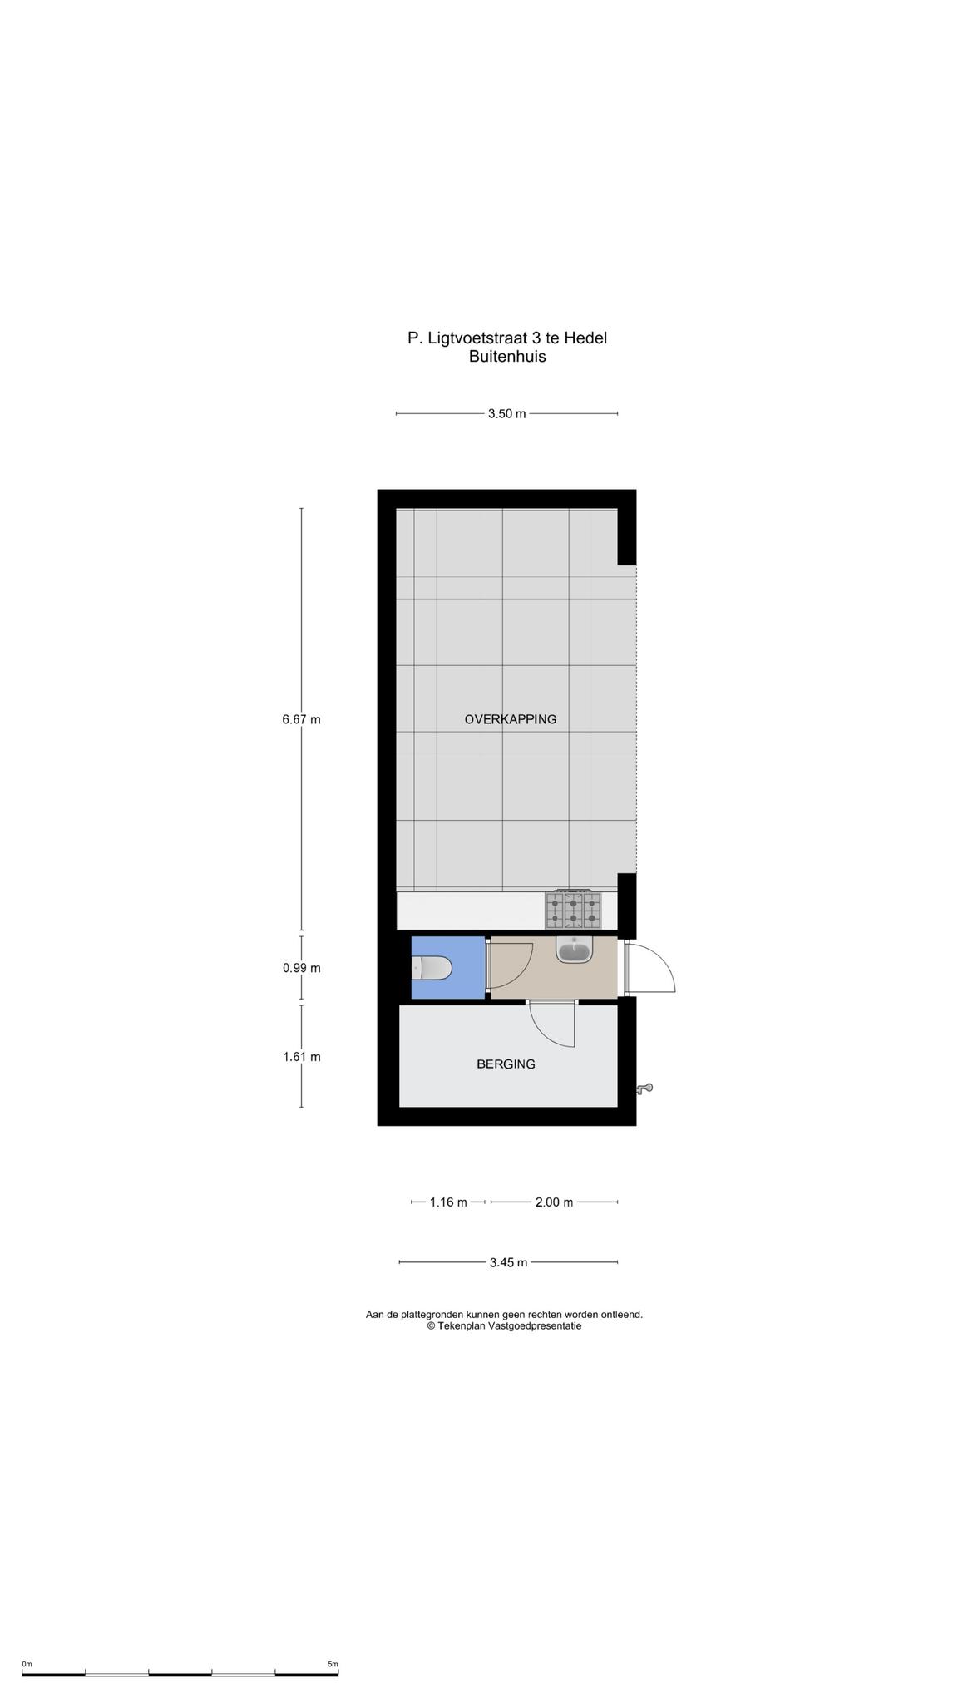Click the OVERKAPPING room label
pyautogui.click(x=510, y=719)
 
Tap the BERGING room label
pyautogui.click(x=506, y=1064)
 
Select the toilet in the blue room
pyautogui.click(x=432, y=968)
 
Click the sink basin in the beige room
pyautogui.click(x=574, y=949)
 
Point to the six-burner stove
pyautogui.click(x=573, y=910)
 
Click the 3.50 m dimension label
pyautogui.click(x=506, y=413)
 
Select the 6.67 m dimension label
pyautogui.click(x=301, y=719)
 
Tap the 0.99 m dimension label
pyautogui.click(x=301, y=968)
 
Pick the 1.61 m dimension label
pyautogui.click(x=301, y=1057)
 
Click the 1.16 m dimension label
pyautogui.click(x=448, y=1202)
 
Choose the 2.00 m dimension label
pyautogui.click(x=554, y=1202)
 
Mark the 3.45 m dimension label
pyautogui.click(x=508, y=1262)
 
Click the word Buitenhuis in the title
pyautogui.click(x=507, y=357)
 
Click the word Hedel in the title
pyautogui.click(x=585, y=338)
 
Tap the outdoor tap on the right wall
pyautogui.click(x=645, y=1088)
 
